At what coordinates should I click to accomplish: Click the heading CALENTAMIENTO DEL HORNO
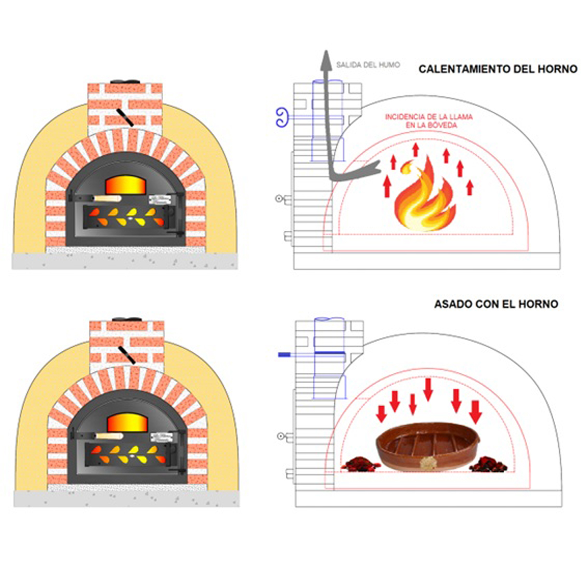[x=498, y=69]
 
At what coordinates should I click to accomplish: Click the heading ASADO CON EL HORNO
[x=496, y=304]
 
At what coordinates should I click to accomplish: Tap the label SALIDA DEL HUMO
[x=368, y=65]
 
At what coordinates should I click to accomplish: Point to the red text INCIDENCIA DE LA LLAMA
[x=429, y=117]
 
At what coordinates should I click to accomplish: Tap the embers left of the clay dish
[x=360, y=464]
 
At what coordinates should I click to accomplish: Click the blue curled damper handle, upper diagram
[x=282, y=118]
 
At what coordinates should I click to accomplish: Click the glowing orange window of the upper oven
[x=125, y=185]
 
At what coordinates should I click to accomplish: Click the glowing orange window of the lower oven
[x=127, y=422]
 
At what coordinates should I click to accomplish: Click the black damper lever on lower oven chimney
[x=127, y=355]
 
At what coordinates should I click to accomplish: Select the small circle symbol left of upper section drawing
[x=279, y=198]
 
